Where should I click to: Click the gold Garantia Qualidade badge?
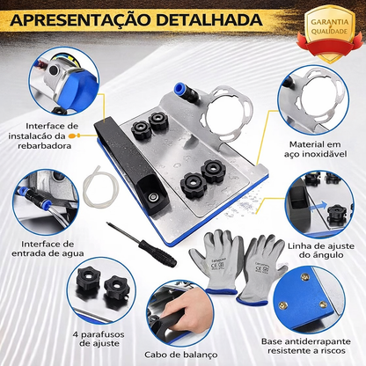329,33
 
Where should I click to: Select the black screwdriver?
142,245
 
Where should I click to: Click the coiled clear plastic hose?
100,187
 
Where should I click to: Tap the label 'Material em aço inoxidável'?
315,149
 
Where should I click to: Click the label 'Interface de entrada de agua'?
48,249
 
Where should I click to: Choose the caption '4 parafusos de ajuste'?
99,339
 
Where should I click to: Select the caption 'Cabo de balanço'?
181,355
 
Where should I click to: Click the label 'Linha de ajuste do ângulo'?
321,250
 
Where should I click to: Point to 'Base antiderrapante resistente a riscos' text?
306,346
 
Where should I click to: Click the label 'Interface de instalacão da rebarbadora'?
44,135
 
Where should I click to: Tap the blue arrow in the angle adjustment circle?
318,206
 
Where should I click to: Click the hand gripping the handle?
187,312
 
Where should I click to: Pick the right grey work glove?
261,269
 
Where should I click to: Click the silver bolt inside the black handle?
152,197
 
